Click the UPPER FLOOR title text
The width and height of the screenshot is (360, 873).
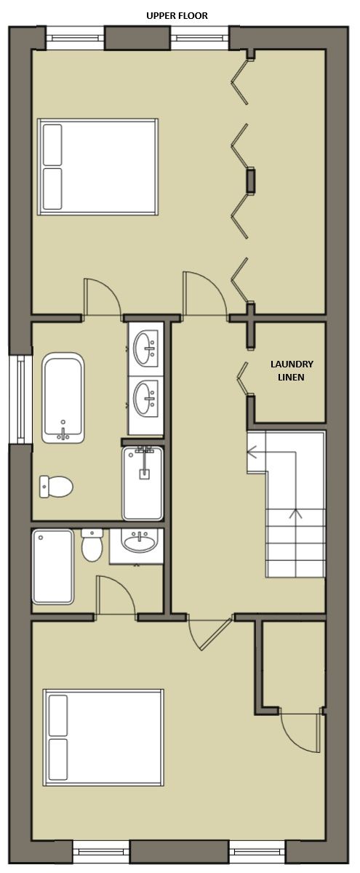pos(177,16)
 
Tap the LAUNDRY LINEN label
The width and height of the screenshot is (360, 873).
pos(292,370)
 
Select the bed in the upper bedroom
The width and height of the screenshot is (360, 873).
pos(97,167)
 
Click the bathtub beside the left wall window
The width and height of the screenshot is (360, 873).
pos(63,398)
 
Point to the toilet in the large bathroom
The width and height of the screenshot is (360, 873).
pos(56,487)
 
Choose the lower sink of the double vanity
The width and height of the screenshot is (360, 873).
pos(145,398)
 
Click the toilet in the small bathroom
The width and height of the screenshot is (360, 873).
pos(92,545)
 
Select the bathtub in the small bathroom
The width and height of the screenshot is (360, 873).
pos(53,567)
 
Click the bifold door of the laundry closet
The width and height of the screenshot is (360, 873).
pos(243,378)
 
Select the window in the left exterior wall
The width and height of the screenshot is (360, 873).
pos(20,399)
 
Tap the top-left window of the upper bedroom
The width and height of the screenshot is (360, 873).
pos(76,37)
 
